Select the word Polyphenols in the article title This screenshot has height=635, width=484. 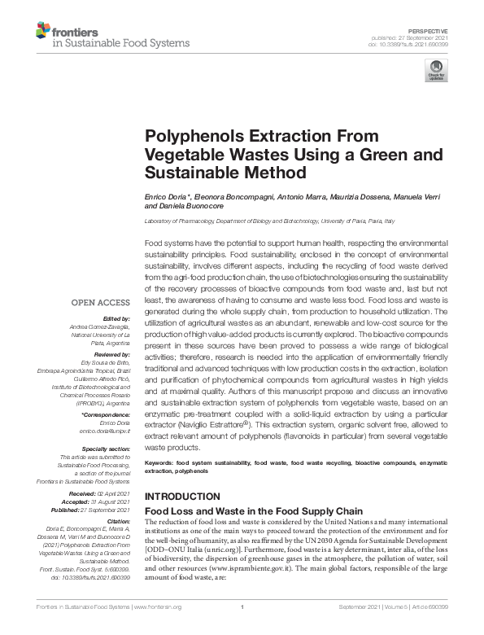(x=186, y=138)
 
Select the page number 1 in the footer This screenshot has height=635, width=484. (x=242, y=629)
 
